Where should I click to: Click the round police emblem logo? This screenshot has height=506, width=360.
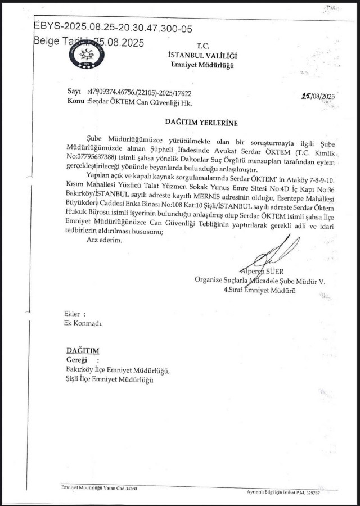[x=86, y=55]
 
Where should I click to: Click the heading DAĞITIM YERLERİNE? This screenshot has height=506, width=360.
[x=201, y=122]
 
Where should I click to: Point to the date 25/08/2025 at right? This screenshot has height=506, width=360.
[x=318, y=96]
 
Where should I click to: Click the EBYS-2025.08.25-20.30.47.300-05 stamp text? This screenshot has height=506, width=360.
[x=113, y=26]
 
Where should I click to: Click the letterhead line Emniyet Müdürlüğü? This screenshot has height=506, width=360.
[x=202, y=65]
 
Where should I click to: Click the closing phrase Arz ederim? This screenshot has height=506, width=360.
[x=104, y=240]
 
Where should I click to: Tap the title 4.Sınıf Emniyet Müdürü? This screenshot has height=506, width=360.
[x=260, y=290]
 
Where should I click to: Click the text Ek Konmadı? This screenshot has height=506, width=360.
[x=83, y=323]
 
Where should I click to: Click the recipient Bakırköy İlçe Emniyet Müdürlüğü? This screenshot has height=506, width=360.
[x=117, y=371]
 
